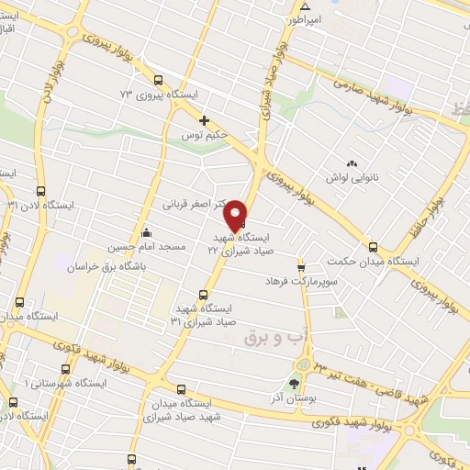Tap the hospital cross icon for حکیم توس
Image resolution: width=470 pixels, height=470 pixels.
(205, 120)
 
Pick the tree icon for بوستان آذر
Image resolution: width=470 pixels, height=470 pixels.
(294, 384)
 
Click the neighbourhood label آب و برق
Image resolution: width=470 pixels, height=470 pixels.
(274, 337)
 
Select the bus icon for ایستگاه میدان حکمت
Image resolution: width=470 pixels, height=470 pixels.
(373, 246)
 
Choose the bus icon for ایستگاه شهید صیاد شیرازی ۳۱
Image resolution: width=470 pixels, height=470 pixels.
(190, 295)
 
